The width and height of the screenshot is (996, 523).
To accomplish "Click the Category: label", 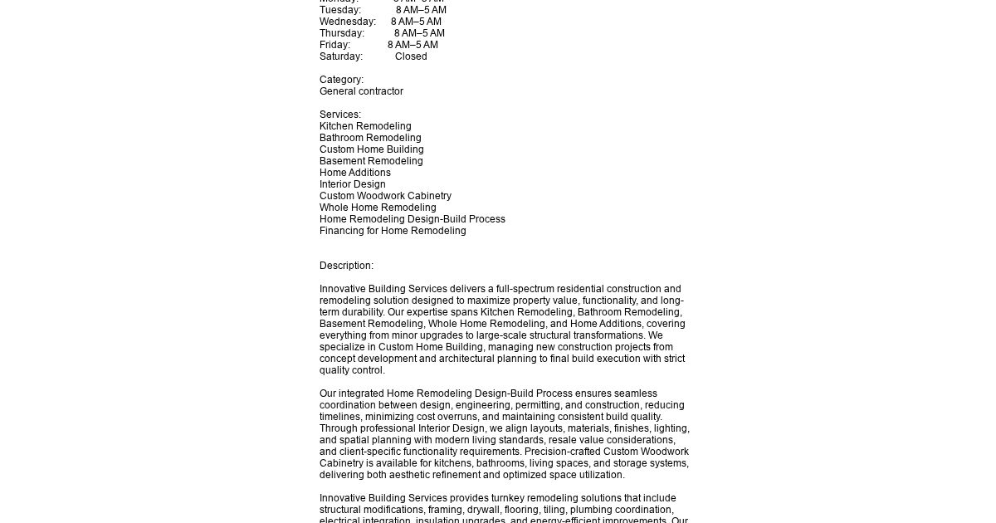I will (x=341, y=80).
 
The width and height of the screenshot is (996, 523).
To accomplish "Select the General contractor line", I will (x=361, y=91).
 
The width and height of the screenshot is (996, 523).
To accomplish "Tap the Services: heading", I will (x=340, y=115).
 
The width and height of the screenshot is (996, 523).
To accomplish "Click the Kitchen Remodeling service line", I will (x=365, y=126).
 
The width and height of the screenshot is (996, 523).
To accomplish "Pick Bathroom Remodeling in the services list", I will (x=370, y=138).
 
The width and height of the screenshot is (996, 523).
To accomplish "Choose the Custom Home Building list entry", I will (x=371, y=149).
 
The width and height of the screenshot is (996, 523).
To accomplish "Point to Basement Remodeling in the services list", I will (x=371, y=161).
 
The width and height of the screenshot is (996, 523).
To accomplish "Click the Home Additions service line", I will (x=354, y=173).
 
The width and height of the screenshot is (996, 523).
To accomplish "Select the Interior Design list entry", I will (x=352, y=184).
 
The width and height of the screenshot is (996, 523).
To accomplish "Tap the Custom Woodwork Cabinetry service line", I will (x=385, y=196).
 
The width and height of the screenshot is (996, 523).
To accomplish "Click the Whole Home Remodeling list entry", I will (x=378, y=208).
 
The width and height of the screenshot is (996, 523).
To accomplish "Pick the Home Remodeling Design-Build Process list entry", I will (x=412, y=219).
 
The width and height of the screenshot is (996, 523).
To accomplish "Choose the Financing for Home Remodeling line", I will (x=393, y=231).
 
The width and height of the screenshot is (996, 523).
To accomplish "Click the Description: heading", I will (x=346, y=266).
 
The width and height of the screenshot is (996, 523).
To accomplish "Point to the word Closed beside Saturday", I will (x=411, y=56).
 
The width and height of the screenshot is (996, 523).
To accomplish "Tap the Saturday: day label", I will (x=341, y=56).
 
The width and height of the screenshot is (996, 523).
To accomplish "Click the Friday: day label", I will (x=334, y=45).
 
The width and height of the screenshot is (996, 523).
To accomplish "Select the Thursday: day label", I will (x=342, y=33).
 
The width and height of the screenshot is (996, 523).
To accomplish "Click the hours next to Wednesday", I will (x=416, y=22).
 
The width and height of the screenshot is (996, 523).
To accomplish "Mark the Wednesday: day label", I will (x=348, y=22).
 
